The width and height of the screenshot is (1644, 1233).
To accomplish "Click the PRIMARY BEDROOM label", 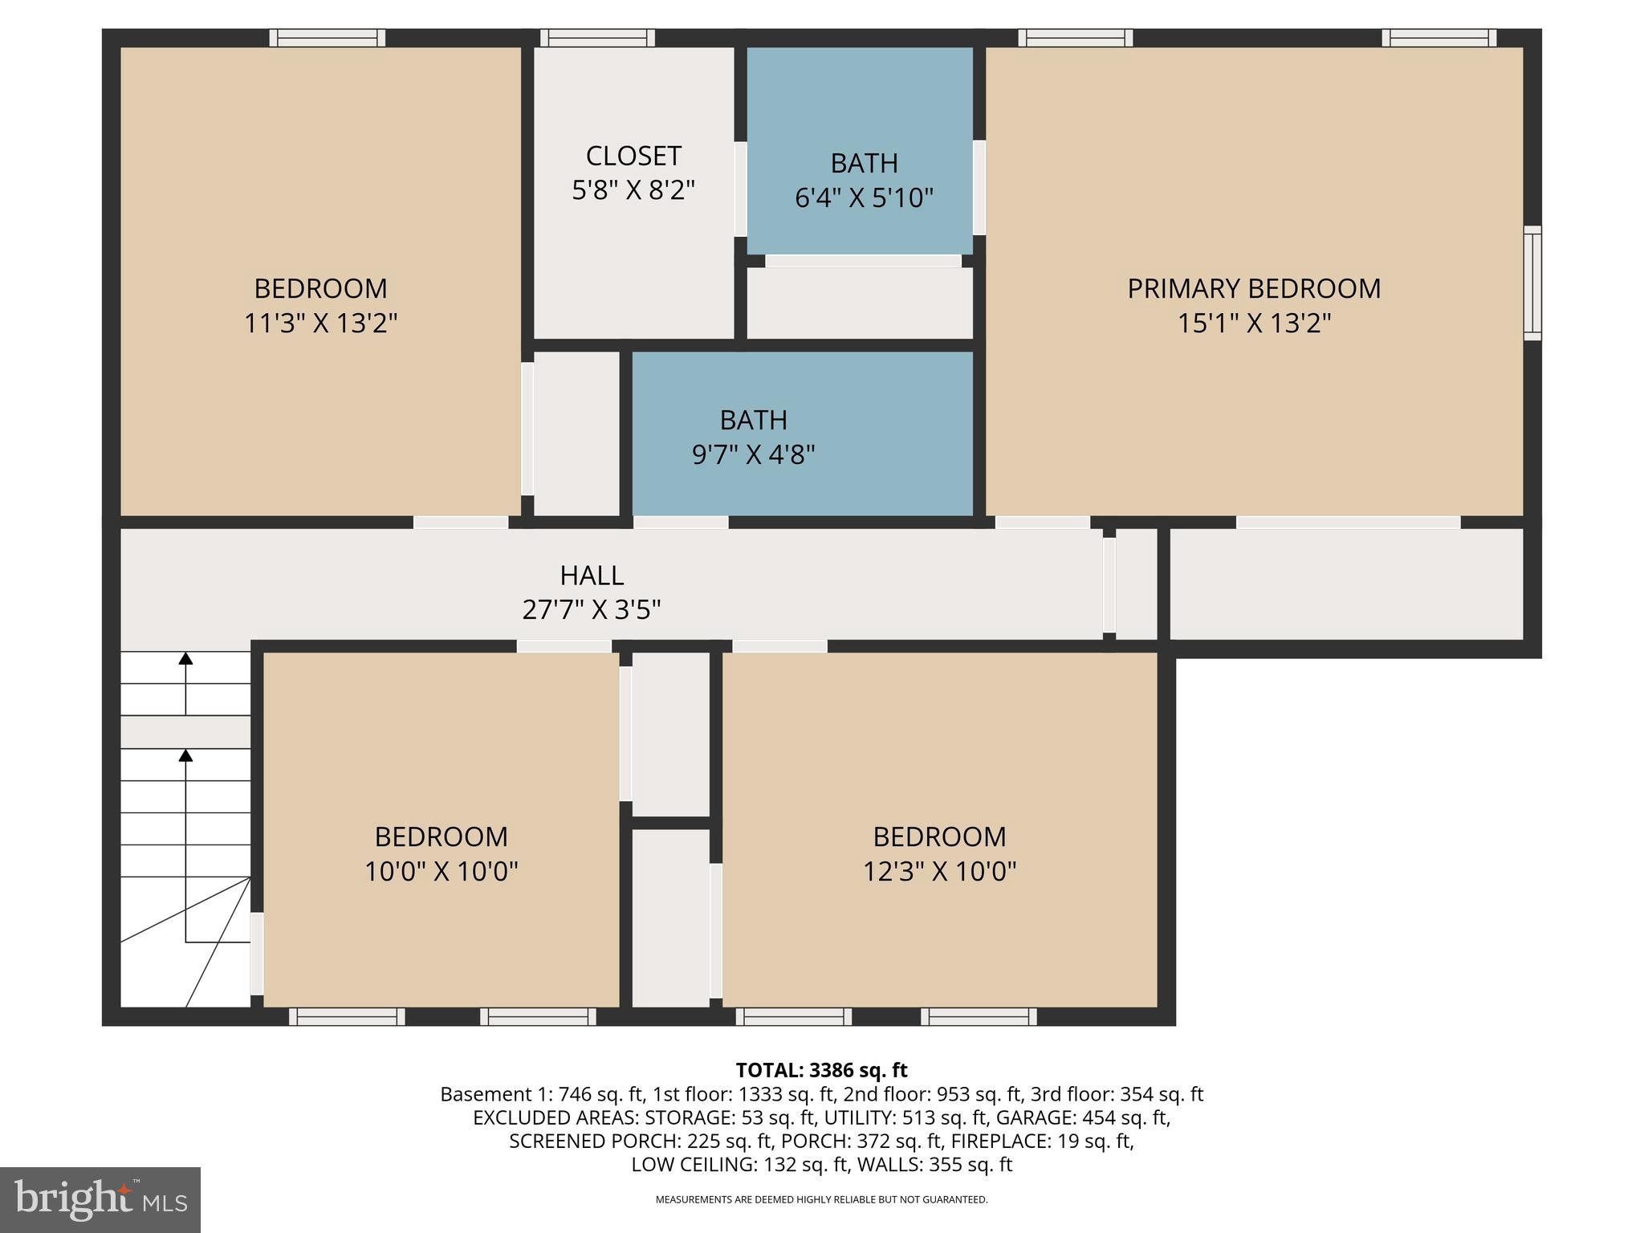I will tap(1254, 288).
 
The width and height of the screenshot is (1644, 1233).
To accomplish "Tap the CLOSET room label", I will tap(633, 156).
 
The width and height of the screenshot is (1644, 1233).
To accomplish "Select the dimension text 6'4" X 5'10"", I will tap(864, 197).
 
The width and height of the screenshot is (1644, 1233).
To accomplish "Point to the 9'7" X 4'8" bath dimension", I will tap(753, 455).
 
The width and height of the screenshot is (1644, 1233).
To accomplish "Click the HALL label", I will tap(592, 576).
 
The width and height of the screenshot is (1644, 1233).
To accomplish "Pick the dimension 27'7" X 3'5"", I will tap(592, 610).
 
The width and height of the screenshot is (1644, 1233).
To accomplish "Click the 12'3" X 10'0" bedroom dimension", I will tap(939, 871).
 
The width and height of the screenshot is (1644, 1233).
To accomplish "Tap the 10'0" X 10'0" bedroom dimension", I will tap(442, 871).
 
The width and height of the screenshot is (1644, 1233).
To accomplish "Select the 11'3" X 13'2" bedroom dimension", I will tap(320, 324).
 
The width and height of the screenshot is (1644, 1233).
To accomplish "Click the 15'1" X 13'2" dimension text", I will tap(1254, 324).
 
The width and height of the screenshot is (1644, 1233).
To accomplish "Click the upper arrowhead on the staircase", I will tap(185, 659).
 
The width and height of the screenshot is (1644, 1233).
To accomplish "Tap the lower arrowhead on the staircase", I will tap(185, 755).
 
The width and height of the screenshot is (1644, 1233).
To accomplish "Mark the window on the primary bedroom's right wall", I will tap(1532, 283).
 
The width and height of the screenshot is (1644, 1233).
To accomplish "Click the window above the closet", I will tap(597, 38).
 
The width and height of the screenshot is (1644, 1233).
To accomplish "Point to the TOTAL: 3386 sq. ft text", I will tap(821, 1070).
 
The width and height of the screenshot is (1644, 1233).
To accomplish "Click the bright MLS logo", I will tap(100, 1199).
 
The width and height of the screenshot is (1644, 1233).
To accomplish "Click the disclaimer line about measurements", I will tap(821, 1199).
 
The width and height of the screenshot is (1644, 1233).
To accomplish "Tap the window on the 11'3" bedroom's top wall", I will tap(327, 38).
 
